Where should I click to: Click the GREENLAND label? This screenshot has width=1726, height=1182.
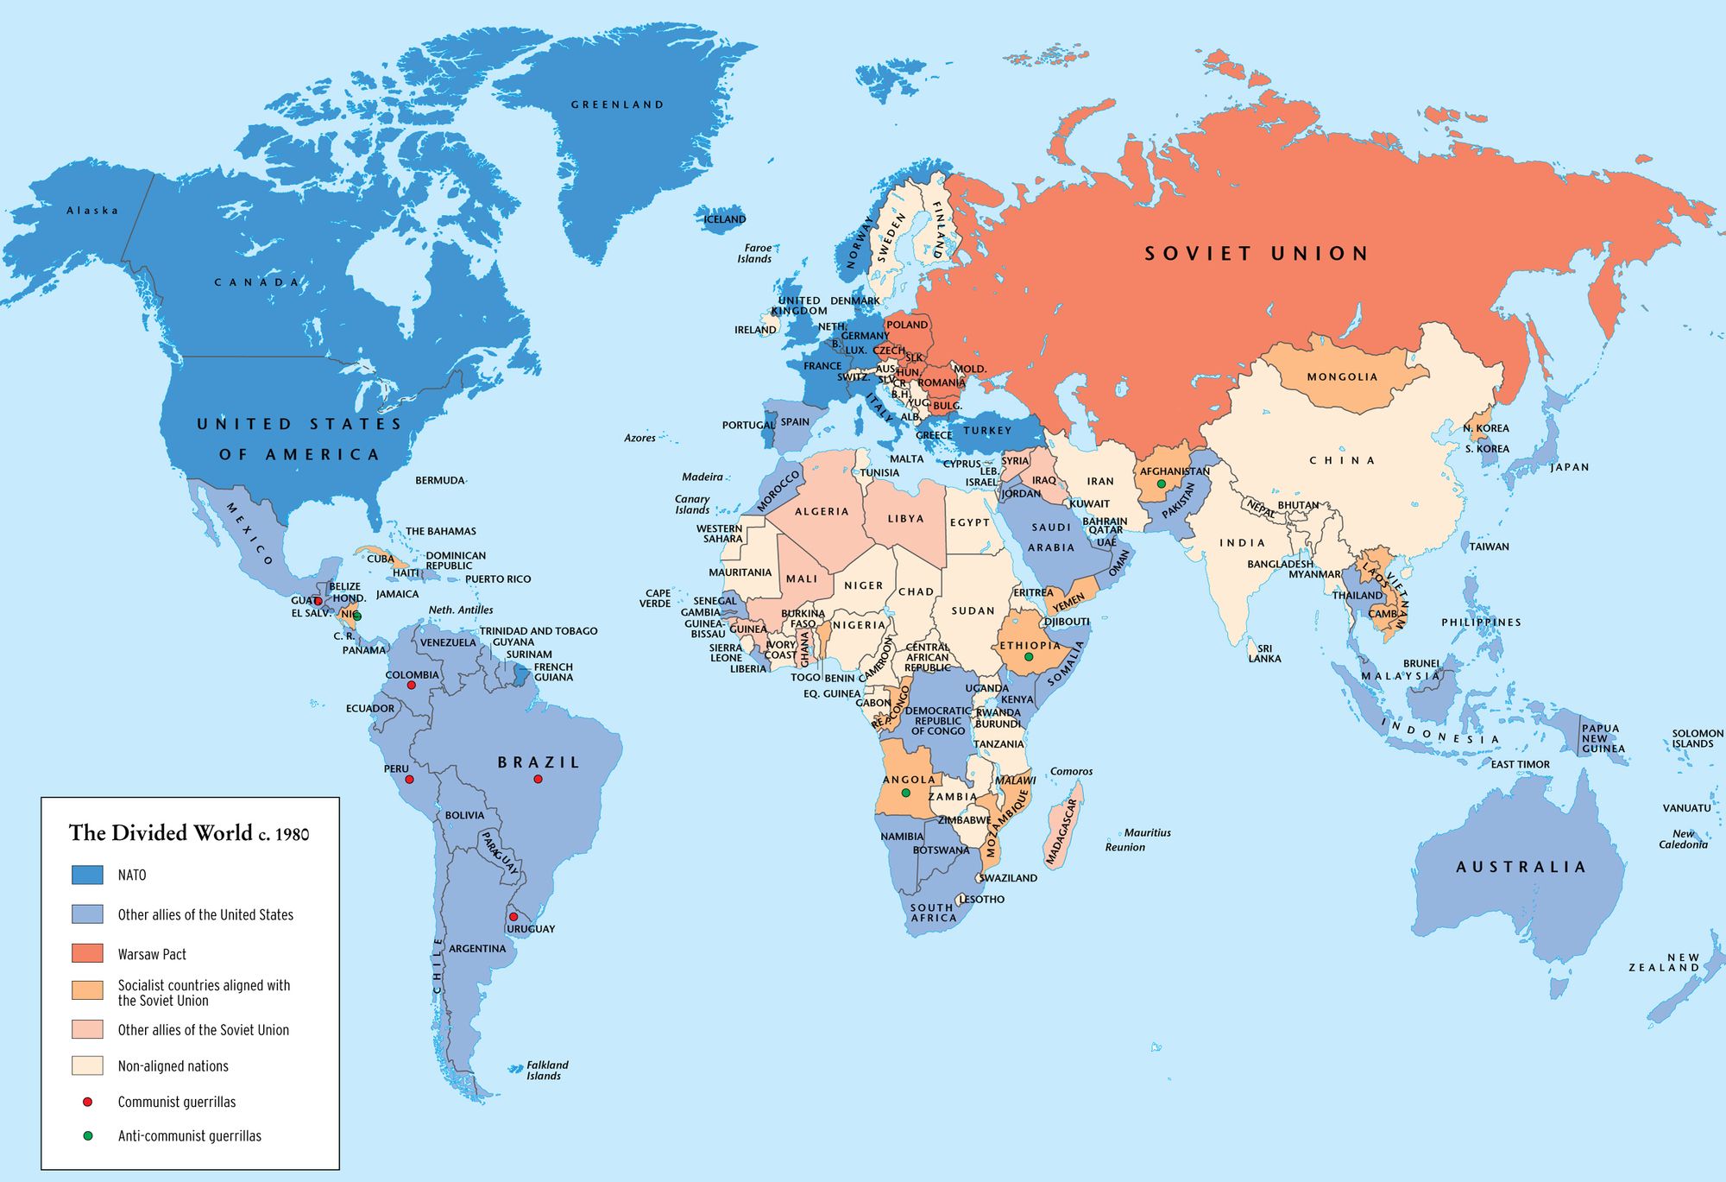(x=617, y=104)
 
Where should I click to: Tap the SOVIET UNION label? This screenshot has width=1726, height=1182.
(x=1256, y=253)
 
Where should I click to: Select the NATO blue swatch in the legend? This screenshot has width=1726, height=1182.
(x=87, y=875)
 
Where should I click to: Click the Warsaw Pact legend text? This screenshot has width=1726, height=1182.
(x=152, y=954)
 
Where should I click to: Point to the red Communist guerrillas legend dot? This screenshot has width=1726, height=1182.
(x=87, y=1102)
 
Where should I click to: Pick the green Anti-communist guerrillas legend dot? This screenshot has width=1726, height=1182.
(x=87, y=1136)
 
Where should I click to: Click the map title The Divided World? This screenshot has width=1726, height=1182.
(x=188, y=833)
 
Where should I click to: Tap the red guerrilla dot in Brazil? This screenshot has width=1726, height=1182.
(x=538, y=779)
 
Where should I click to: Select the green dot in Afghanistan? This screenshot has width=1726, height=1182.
(x=1162, y=484)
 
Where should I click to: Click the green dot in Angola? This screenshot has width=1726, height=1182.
(x=905, y=793)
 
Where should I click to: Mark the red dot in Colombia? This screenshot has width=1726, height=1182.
(x=412, y=686)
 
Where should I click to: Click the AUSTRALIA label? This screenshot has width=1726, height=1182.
(x=1521, y=867)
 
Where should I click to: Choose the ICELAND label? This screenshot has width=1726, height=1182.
(x=724, y=219)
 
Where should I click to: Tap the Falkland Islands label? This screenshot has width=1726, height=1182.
(x=546, y=1071)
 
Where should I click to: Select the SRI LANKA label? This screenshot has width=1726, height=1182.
(x=1264, y=654)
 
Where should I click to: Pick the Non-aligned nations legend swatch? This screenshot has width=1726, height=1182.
(x=87, y=1065)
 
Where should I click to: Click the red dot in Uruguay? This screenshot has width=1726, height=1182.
(x=513, y=917)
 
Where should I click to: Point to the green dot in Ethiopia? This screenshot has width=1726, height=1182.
(x=1029, y=657)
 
